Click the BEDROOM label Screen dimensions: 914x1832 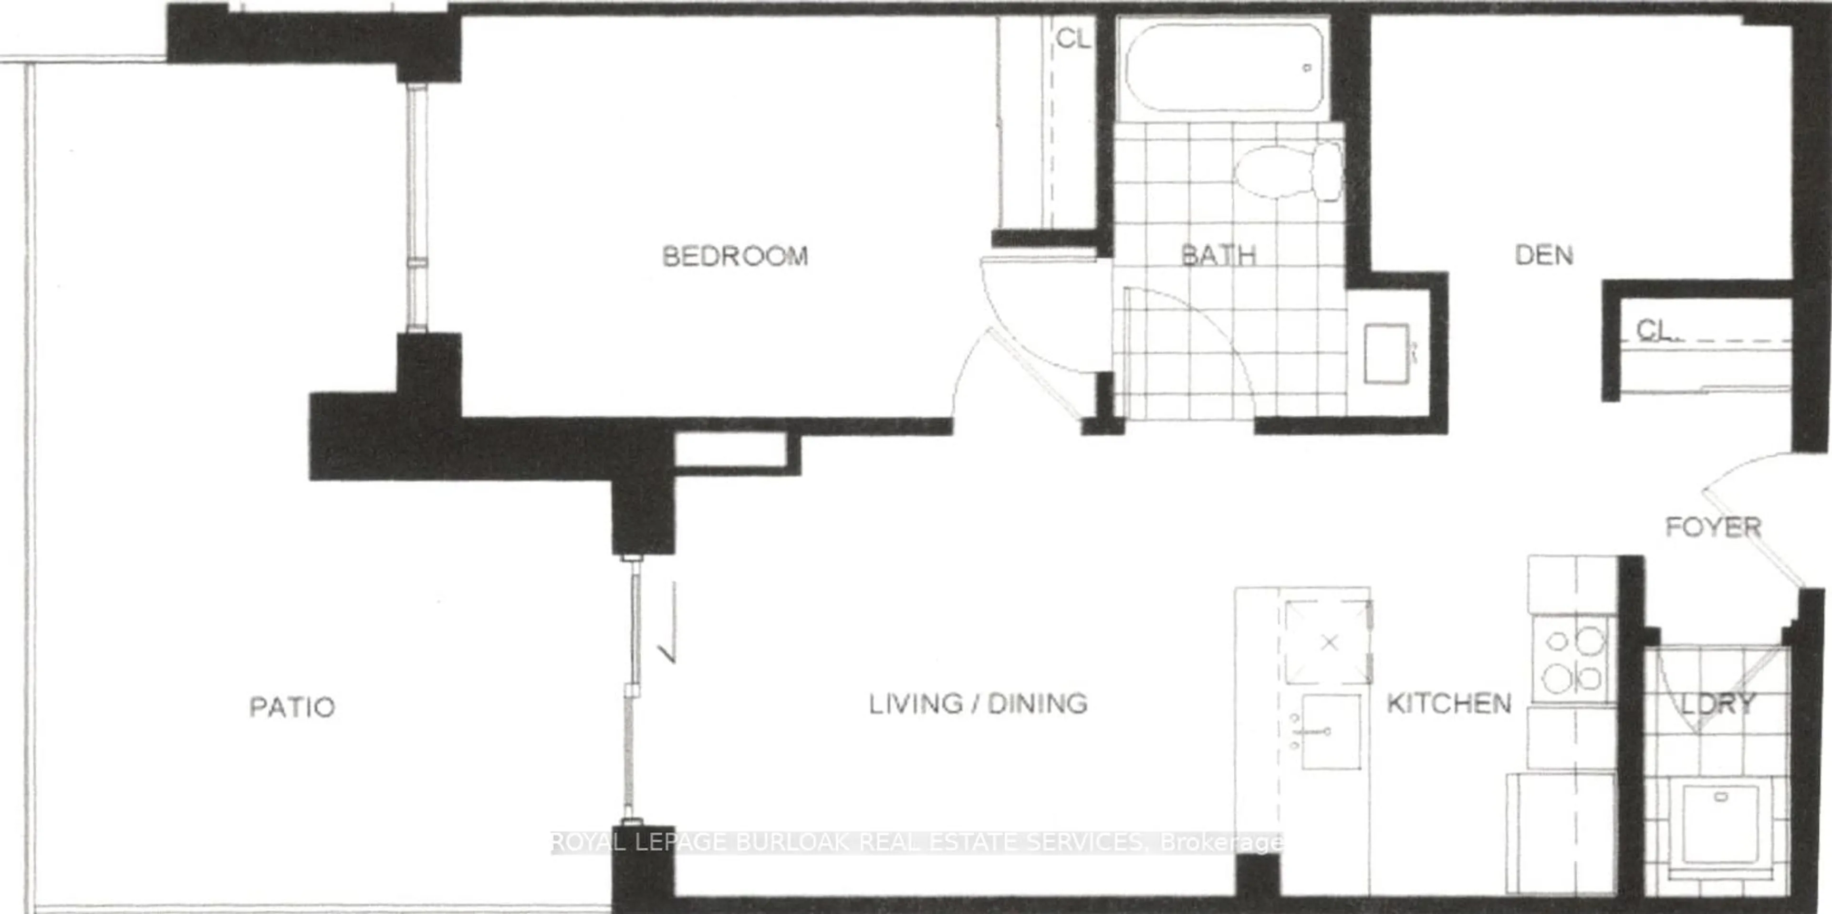pos(735,256)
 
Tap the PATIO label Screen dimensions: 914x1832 pos(291,707)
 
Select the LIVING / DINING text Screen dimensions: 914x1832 pos(978,704)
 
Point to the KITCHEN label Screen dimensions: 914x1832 pos(1449,704)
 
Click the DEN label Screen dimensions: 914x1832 pos(1543,255)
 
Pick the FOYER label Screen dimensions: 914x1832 pos(1713,527)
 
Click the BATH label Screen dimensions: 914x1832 pos(1218,255)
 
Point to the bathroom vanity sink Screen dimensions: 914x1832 pos(1386,354)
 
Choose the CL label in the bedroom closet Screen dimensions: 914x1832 pos(1072,39)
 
